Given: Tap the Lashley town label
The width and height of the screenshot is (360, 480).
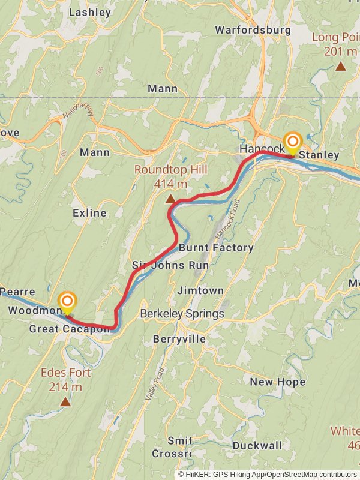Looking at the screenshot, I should [x=90, y=12].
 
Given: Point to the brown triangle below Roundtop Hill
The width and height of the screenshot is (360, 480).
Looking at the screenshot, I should [x=170, y=199].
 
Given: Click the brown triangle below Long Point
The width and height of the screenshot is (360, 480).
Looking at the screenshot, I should [x=340, y=66].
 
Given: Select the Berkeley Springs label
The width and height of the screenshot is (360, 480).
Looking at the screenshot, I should [x=182, y=314].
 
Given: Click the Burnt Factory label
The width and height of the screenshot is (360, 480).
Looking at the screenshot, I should [x=216, y=248].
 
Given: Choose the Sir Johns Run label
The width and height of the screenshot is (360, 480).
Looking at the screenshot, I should [x=170, y=265].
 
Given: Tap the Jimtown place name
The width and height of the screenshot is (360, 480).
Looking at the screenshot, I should [x=200, y=290].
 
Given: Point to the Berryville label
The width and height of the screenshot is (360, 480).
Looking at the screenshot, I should [x=178, y=339].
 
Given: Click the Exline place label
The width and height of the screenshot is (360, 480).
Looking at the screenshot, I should [x=89, y=213].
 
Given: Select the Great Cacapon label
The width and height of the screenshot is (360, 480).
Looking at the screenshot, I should [x=70, y=329].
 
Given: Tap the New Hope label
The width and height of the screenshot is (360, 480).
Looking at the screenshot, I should [x=277, y=382].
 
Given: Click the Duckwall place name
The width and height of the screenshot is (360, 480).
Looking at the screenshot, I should [x=257, y=446].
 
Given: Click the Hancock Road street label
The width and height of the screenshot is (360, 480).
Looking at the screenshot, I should [x=227, y=219].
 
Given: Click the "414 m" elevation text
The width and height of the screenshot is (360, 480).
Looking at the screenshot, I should [x=170, y=184].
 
